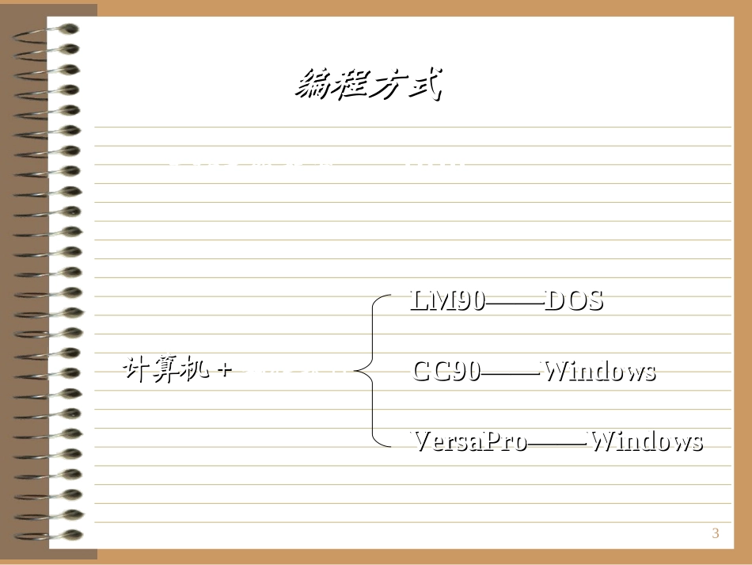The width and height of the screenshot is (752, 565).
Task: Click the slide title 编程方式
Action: [x=367, y=84]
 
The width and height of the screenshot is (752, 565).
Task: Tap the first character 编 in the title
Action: [x=314, y=84]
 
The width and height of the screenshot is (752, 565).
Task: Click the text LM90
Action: [x=447, y=300]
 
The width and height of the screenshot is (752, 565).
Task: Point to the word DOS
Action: [x=574, y=300]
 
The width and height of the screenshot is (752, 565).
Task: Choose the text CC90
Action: [x=446, y=371]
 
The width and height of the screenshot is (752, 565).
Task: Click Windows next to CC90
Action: [x=598, y=371]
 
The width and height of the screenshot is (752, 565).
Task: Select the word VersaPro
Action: [x=469, y=441]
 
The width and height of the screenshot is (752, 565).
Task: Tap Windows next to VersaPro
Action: [x=647, y=441]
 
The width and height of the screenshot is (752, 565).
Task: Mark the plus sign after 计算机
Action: [x=224, y=370]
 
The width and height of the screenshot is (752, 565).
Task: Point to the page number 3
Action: [x=716, y=533]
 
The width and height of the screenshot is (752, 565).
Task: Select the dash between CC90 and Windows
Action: [x=511, y=372]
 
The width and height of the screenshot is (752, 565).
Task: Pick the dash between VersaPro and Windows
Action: [x=558, y=442]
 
